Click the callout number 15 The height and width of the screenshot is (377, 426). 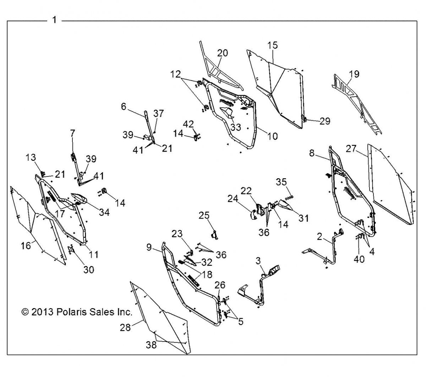273,45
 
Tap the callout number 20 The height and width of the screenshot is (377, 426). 223,53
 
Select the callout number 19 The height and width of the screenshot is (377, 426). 354,74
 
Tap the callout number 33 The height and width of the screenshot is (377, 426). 235,127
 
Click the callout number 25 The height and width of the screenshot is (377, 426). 204,215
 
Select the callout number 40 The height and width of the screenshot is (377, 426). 359,259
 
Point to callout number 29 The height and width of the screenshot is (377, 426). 324,121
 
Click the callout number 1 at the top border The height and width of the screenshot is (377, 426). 54,20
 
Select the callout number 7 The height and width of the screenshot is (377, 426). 72,133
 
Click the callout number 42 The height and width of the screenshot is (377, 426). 189,124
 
